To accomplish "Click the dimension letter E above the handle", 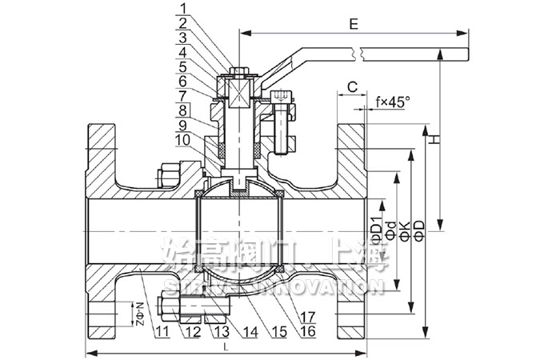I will [x=353, y=24].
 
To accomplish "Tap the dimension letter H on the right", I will [x=434, y=139].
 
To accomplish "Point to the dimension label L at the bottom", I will [x=226, y=346].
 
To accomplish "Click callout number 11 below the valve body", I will [x=162, y=330].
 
